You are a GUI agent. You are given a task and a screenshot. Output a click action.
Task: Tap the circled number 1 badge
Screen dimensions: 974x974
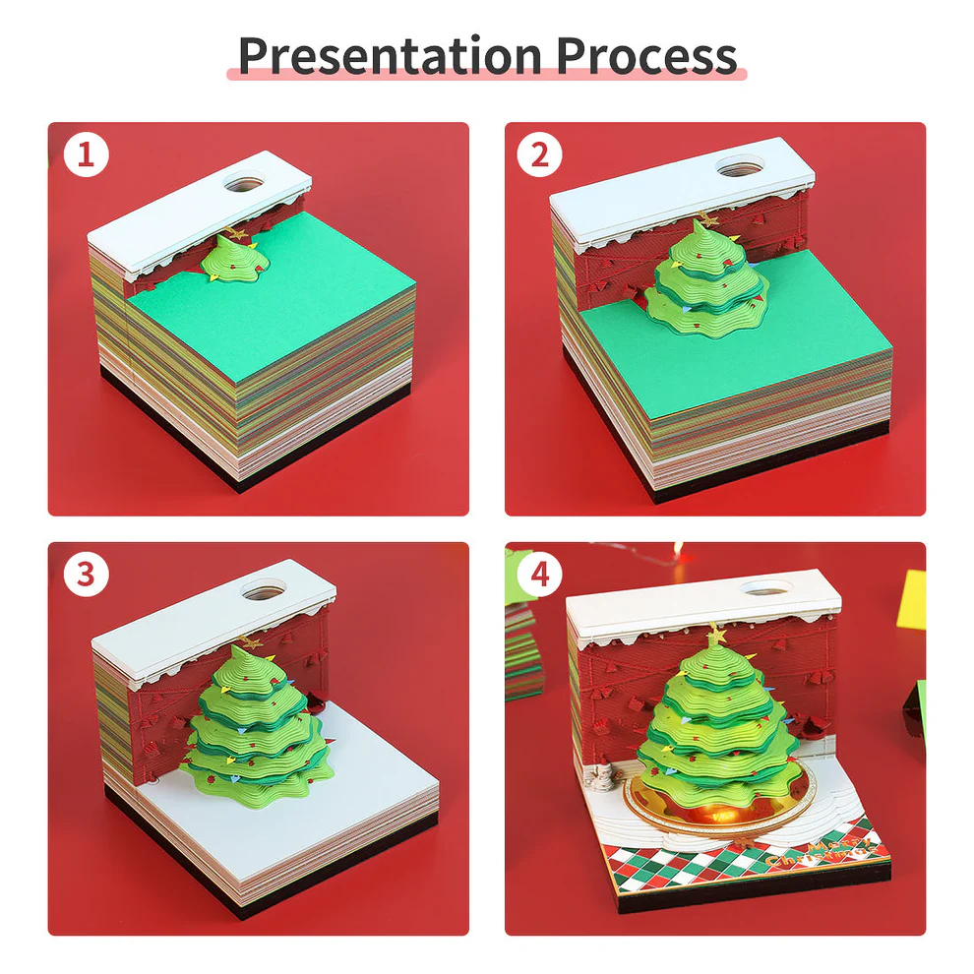tap(85, 155)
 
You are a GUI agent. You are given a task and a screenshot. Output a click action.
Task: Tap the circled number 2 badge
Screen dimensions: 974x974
tap(539, 155)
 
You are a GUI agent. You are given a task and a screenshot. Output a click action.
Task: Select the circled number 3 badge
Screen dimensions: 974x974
tap(85, 575)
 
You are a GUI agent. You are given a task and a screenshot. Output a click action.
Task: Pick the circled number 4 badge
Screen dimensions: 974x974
tap(539, 575)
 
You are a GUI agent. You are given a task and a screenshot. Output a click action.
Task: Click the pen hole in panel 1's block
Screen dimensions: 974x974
tap(243, 182)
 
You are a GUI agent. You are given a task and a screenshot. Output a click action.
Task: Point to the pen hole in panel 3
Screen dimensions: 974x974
tap(261, 591)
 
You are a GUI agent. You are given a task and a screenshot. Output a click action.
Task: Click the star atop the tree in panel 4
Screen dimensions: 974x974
tap(715, 636)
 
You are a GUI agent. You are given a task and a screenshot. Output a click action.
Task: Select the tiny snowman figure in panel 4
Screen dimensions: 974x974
tap(598, 782)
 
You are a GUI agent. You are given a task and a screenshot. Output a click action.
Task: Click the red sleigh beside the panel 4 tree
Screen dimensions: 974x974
tap(814, 729)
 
